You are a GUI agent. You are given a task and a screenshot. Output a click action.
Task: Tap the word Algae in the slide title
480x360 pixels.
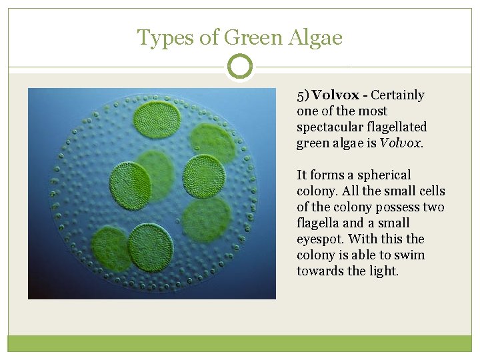click(316, 37)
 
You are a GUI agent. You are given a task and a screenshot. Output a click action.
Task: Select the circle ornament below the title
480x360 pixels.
click(240, 67)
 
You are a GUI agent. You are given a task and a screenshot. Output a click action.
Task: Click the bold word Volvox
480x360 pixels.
click(336, 95)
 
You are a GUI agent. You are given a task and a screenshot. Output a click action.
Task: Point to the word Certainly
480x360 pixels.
click(397, 95)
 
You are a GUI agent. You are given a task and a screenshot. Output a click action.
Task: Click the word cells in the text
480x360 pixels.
click(430, 191)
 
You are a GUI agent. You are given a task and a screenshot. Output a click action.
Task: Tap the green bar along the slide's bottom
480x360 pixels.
click(240, 343)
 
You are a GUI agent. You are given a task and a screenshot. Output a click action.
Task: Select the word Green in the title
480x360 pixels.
click(253, 37)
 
